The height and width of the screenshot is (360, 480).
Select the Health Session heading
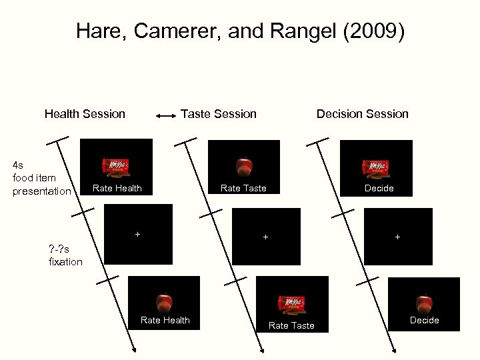click(85, 113)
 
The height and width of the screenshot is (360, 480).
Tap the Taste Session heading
click(219, 113)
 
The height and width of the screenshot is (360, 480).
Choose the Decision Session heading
click(362, 113)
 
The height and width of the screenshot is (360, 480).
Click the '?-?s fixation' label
click(65, 255)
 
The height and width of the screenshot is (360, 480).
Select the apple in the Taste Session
click(244, 166)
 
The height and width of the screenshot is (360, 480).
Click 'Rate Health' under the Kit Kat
click(117, 188)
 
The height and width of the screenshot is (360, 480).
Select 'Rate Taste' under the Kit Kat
click(291, 325)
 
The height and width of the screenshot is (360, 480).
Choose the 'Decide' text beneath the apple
click(424, 320)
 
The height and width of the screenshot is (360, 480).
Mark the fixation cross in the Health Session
click(137, 234)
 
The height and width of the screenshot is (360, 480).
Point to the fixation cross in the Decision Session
click(397, 237)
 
